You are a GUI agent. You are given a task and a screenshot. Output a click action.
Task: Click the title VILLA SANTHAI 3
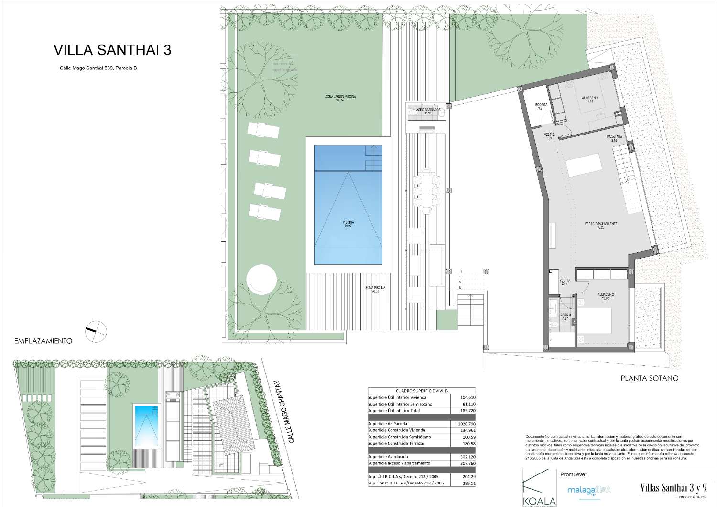(112, 50)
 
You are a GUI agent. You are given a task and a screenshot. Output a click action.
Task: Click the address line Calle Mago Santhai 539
(98, 68)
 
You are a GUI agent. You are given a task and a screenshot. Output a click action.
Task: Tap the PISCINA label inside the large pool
(348, 224)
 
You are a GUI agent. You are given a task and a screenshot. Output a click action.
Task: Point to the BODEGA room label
(542, 106)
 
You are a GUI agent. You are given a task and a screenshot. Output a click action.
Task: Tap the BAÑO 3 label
(565, 316)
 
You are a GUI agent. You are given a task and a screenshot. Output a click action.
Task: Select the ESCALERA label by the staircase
(615, 138)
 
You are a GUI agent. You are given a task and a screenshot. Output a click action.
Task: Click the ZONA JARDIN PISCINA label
(340, 98)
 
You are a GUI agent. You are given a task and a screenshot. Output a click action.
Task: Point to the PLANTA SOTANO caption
(649, 378)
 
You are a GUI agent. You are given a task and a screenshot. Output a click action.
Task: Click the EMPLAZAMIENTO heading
(43, 341)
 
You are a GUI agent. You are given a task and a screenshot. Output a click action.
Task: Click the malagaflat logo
(589, 490)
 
